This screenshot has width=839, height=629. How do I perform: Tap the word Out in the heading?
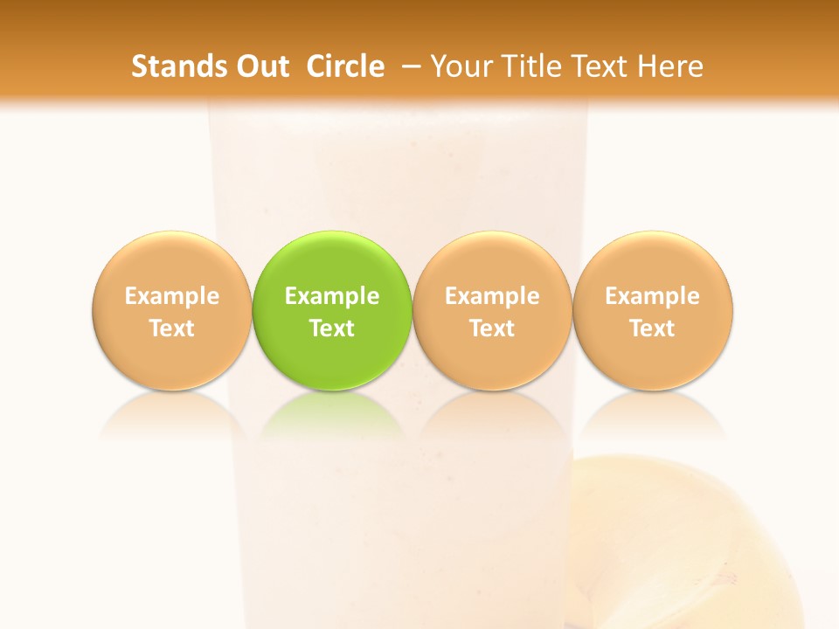(x=260, y=66)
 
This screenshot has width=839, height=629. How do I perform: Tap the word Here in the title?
(x=671, y=66)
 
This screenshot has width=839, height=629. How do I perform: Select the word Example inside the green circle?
(x=332, y=296)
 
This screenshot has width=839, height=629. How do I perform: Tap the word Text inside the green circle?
(x=332, y=328)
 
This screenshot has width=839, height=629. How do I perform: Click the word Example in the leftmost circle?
(x=172, y=296)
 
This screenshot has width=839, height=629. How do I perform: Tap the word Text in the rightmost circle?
(x=653, y=328)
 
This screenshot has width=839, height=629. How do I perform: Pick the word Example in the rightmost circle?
(x=653, y=296)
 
